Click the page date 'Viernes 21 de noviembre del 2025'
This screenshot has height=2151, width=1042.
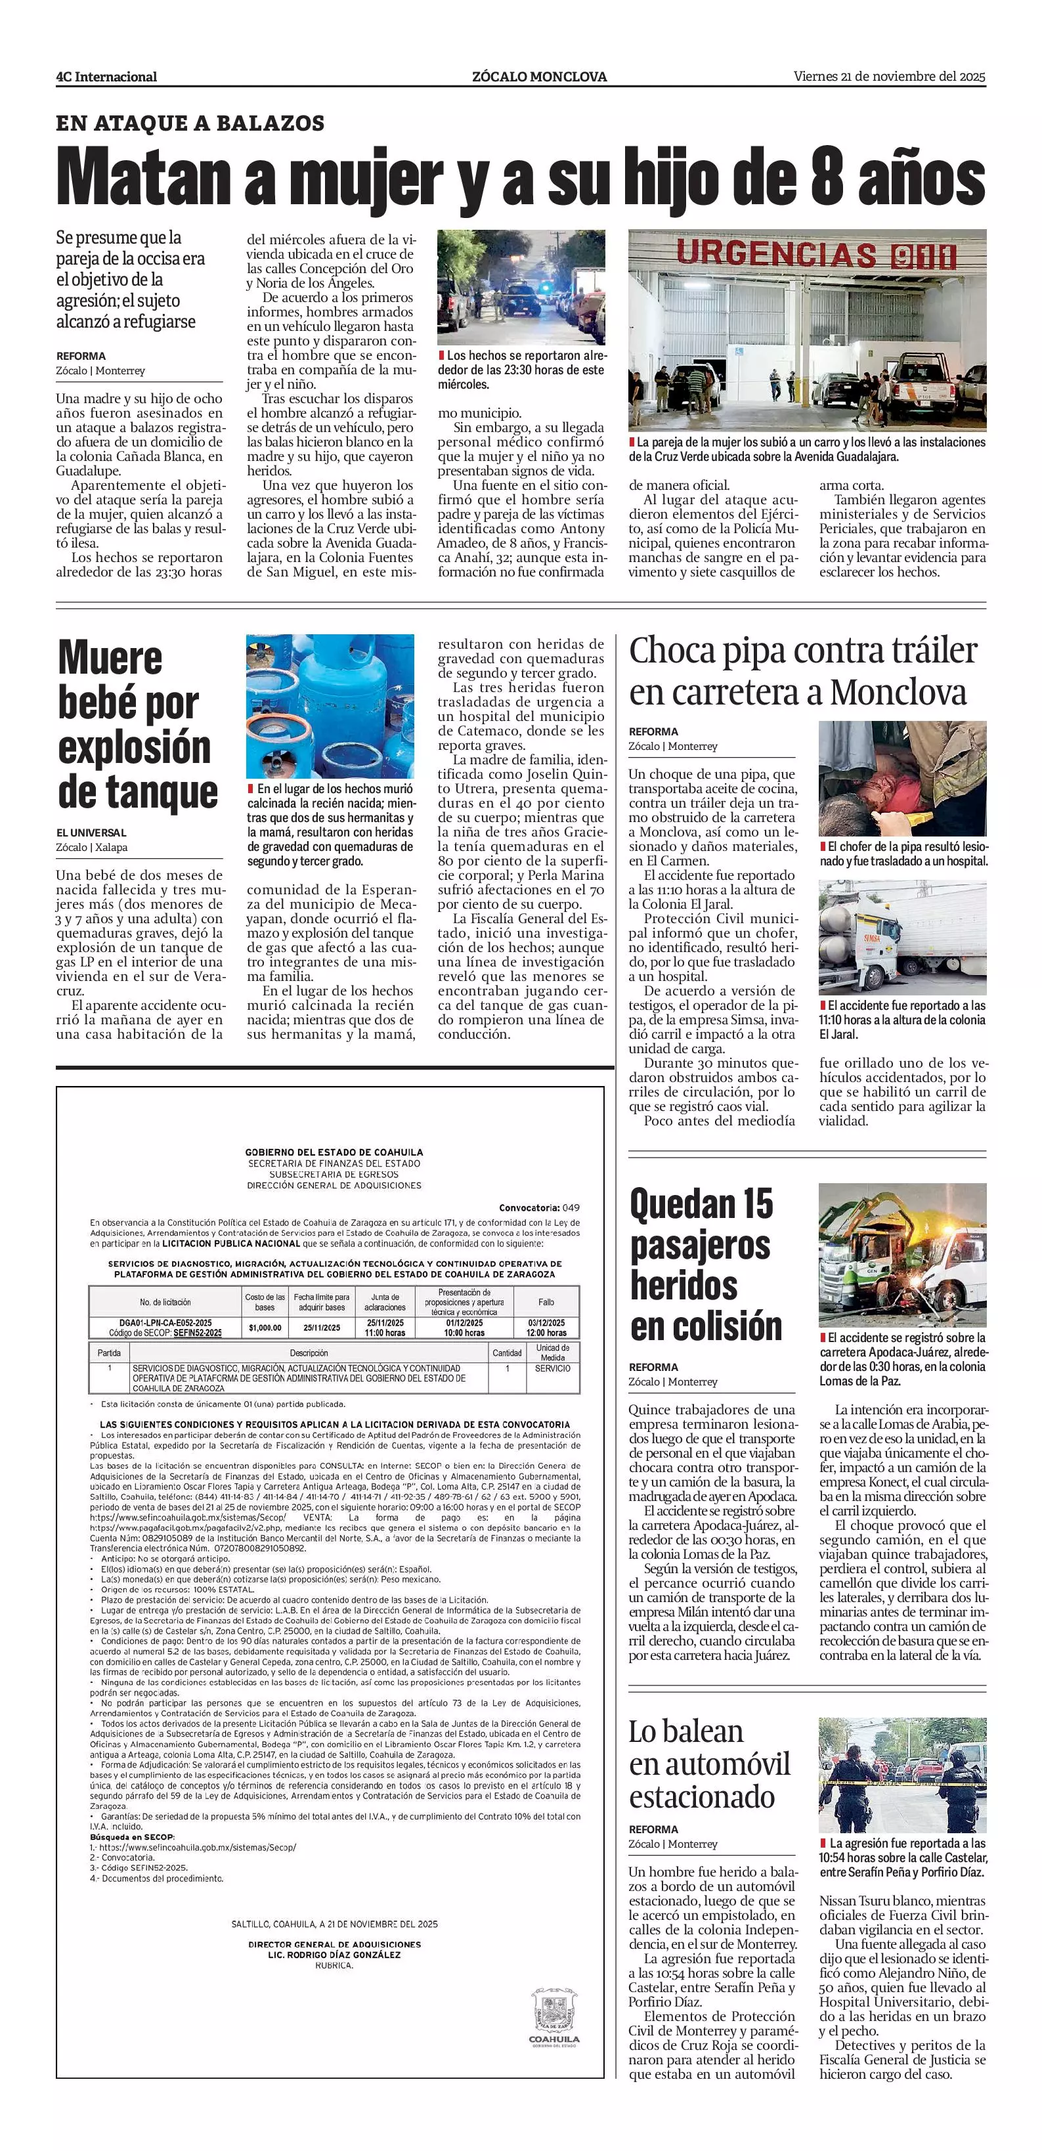click(889, 77)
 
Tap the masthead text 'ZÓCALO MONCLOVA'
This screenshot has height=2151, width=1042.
click(539, 77)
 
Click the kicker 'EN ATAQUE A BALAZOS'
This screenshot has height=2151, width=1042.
click(190, 123)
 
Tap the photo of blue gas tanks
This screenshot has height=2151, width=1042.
click(330, 706)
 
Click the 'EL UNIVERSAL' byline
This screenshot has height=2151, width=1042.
click(92, 833)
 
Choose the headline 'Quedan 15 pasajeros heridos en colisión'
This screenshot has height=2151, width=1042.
click(706, 1265)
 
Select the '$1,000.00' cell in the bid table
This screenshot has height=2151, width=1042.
click(265, 1327)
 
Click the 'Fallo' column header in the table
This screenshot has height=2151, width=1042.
click(546, 1302)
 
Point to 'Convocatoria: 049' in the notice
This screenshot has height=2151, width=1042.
click(538, 1207)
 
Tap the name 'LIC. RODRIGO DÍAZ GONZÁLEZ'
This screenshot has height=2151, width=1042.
click(334, 1955)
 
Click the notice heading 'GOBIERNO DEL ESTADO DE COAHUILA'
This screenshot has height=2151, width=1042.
click(334, 1152)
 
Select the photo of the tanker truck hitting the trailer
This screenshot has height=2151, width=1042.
click(901, 938)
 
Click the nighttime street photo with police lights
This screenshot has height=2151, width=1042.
click(522, 287)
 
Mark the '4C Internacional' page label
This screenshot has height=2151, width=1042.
click(106, 77)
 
